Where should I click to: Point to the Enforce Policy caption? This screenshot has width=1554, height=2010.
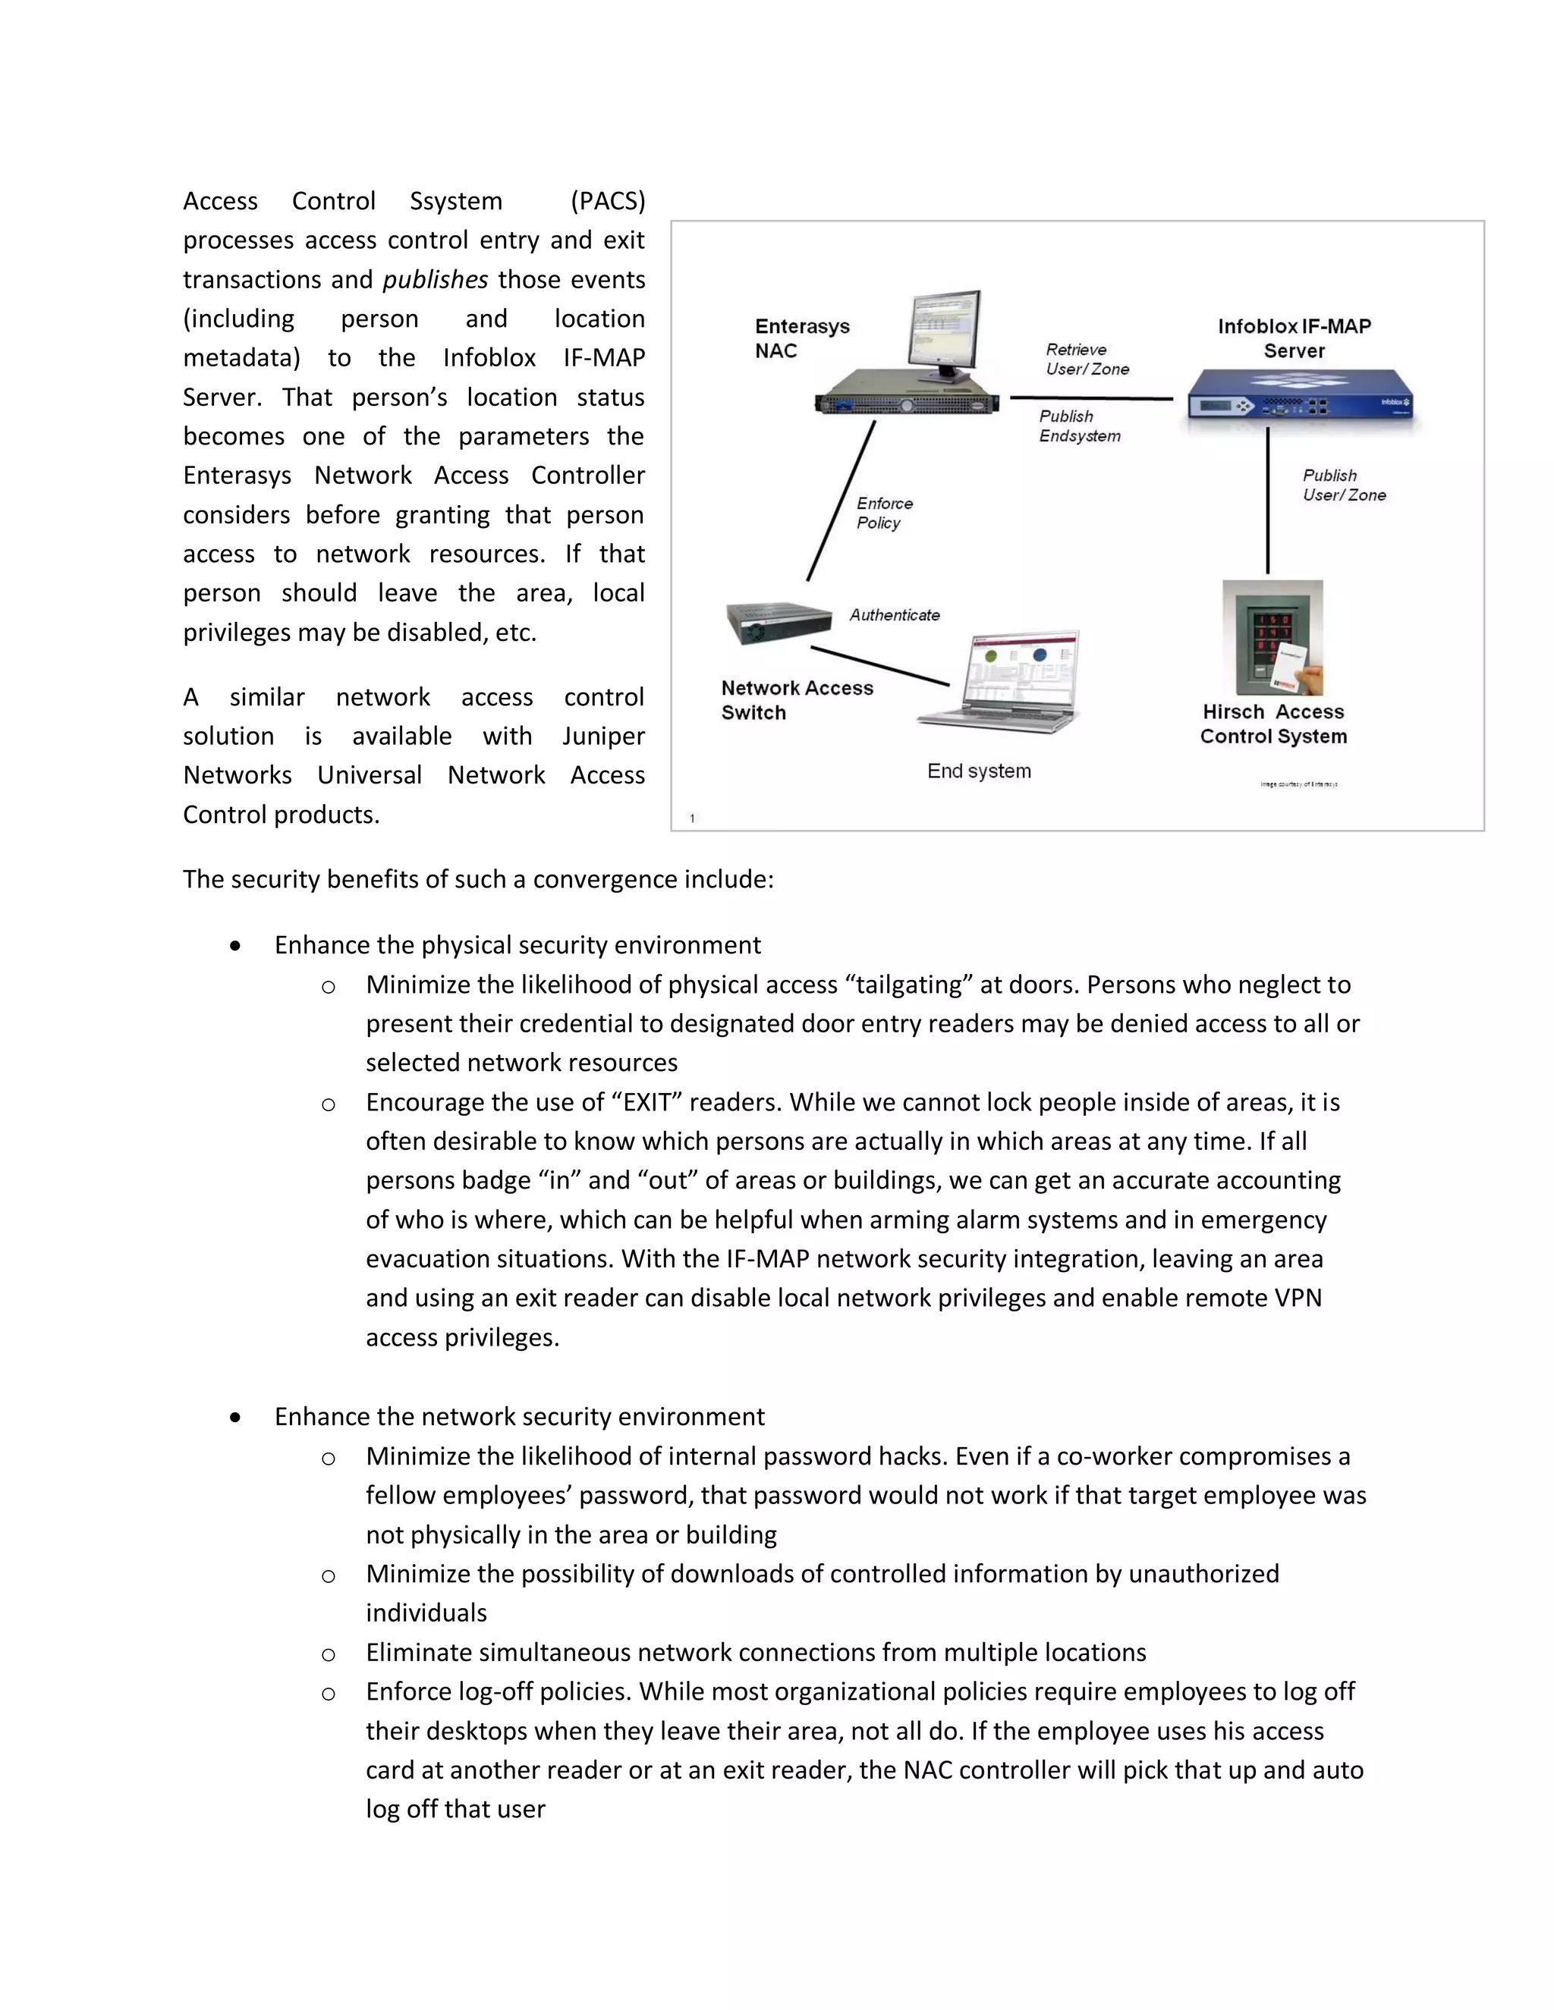coord(884,513)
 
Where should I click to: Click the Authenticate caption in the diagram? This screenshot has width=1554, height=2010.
coord(894,615)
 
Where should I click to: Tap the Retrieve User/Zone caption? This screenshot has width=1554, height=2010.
coord(1087,359)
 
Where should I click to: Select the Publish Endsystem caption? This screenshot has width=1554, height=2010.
coord(1079,426)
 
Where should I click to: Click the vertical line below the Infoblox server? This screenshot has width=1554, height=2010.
coord(1268,501)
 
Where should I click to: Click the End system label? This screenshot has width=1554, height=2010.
coord(979,771)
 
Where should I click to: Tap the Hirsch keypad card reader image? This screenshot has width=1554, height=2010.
coord(1273,637)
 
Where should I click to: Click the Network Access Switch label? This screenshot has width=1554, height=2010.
coord(796,699)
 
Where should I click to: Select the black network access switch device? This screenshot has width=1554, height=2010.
coord(778,622)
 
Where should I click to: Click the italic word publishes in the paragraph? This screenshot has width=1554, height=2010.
coord(435,279)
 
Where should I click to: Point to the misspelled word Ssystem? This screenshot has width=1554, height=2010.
coord(456,201)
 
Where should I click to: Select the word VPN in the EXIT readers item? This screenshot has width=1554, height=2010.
coord(1298,1298)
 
